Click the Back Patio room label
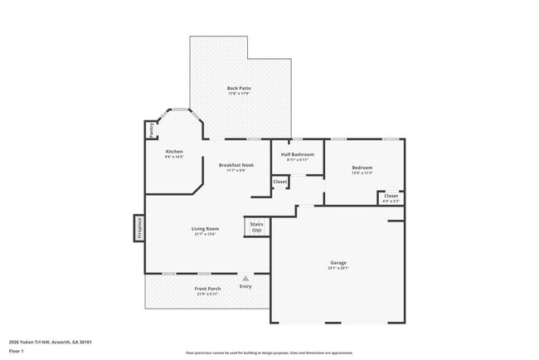pos(239,88)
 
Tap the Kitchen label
pos(174,151)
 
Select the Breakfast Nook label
pos(236,165)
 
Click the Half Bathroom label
pos(297,154)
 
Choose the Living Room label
pos(205,228)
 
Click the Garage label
pos(337,263)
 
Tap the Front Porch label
pos(207,288)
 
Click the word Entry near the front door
pos(245,286)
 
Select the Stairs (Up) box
pos(256,226)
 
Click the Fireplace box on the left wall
pos(139,228)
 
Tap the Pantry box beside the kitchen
pos(151,129)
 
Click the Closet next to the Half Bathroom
pos(280,182)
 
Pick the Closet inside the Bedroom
pos(391,197)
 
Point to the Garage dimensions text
pos(337,268)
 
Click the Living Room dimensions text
pos(205,234)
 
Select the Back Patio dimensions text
pos(239,94)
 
